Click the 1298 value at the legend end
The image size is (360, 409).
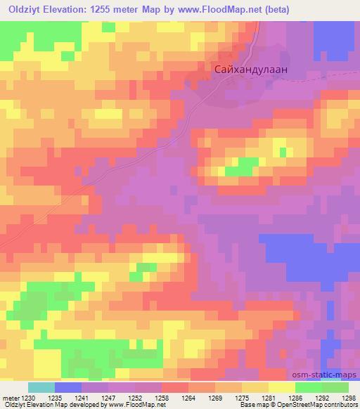(x=349, y=397)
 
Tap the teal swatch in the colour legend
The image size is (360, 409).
(x=41, y=387)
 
